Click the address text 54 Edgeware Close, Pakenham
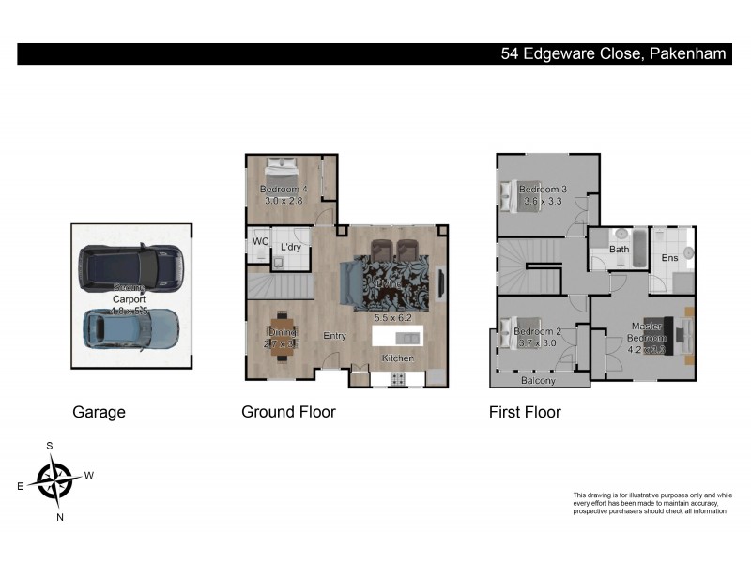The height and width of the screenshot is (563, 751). point(613,53)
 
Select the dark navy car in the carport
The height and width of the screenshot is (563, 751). point(130,266)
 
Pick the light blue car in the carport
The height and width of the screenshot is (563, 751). point(130,330)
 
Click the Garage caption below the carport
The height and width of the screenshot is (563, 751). point(99,411)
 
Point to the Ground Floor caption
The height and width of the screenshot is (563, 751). point(288,411)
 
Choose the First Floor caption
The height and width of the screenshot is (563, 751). point(525,411)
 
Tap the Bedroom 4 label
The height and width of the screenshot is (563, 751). point(284,190)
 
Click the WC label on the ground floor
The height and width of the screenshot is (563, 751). point(261,241)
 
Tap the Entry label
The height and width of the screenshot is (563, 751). point(335,336)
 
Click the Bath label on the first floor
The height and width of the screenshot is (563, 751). point(619,250)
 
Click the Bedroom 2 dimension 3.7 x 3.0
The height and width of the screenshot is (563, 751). point(538,344)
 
